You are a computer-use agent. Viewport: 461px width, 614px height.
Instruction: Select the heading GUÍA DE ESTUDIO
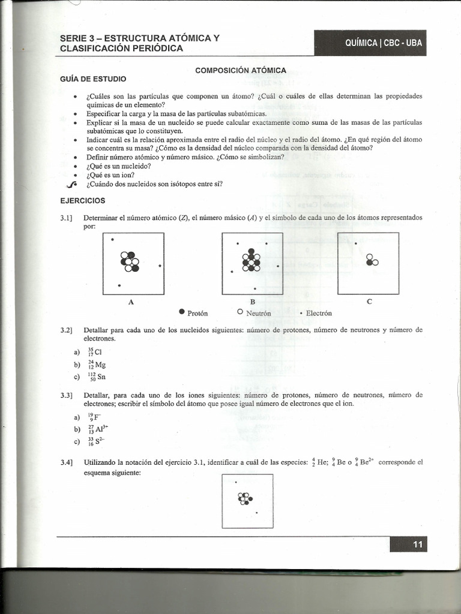(93, 79)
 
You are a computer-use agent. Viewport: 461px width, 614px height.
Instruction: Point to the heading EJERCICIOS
(83, 200)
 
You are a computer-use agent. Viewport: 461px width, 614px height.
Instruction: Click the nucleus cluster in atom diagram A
(130, 261)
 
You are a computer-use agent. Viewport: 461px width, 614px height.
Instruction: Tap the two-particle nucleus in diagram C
(372, 260)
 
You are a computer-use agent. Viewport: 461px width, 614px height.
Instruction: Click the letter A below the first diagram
(131, 302)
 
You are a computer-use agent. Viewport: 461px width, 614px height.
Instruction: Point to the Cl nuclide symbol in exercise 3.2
(94, 352)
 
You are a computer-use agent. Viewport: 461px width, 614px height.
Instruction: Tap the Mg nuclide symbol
(96, 365)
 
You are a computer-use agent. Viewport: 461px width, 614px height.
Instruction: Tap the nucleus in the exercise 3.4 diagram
(245, 498)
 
